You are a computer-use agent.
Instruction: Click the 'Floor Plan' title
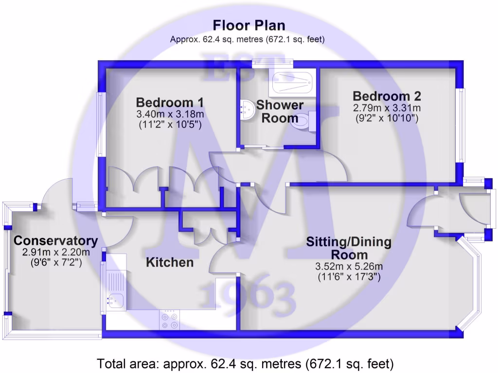[x=249, y=25]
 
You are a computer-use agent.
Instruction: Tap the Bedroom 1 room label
[x=170, y=102]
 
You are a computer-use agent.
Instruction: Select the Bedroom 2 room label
[x=387, y=96]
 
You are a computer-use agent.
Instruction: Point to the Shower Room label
[x=280, y=111]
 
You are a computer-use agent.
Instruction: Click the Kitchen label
[x=170, y=263]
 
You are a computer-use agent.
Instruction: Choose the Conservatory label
[x=56, y=240]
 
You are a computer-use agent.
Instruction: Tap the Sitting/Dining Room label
[x=349, y=248]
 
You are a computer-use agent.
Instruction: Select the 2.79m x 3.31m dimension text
[x=387, y=108]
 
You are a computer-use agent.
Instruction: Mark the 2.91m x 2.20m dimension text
[x=56, y=253]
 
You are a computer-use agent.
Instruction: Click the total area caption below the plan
[x=245, y=363]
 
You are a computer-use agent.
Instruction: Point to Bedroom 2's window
[x=460, y=125]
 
